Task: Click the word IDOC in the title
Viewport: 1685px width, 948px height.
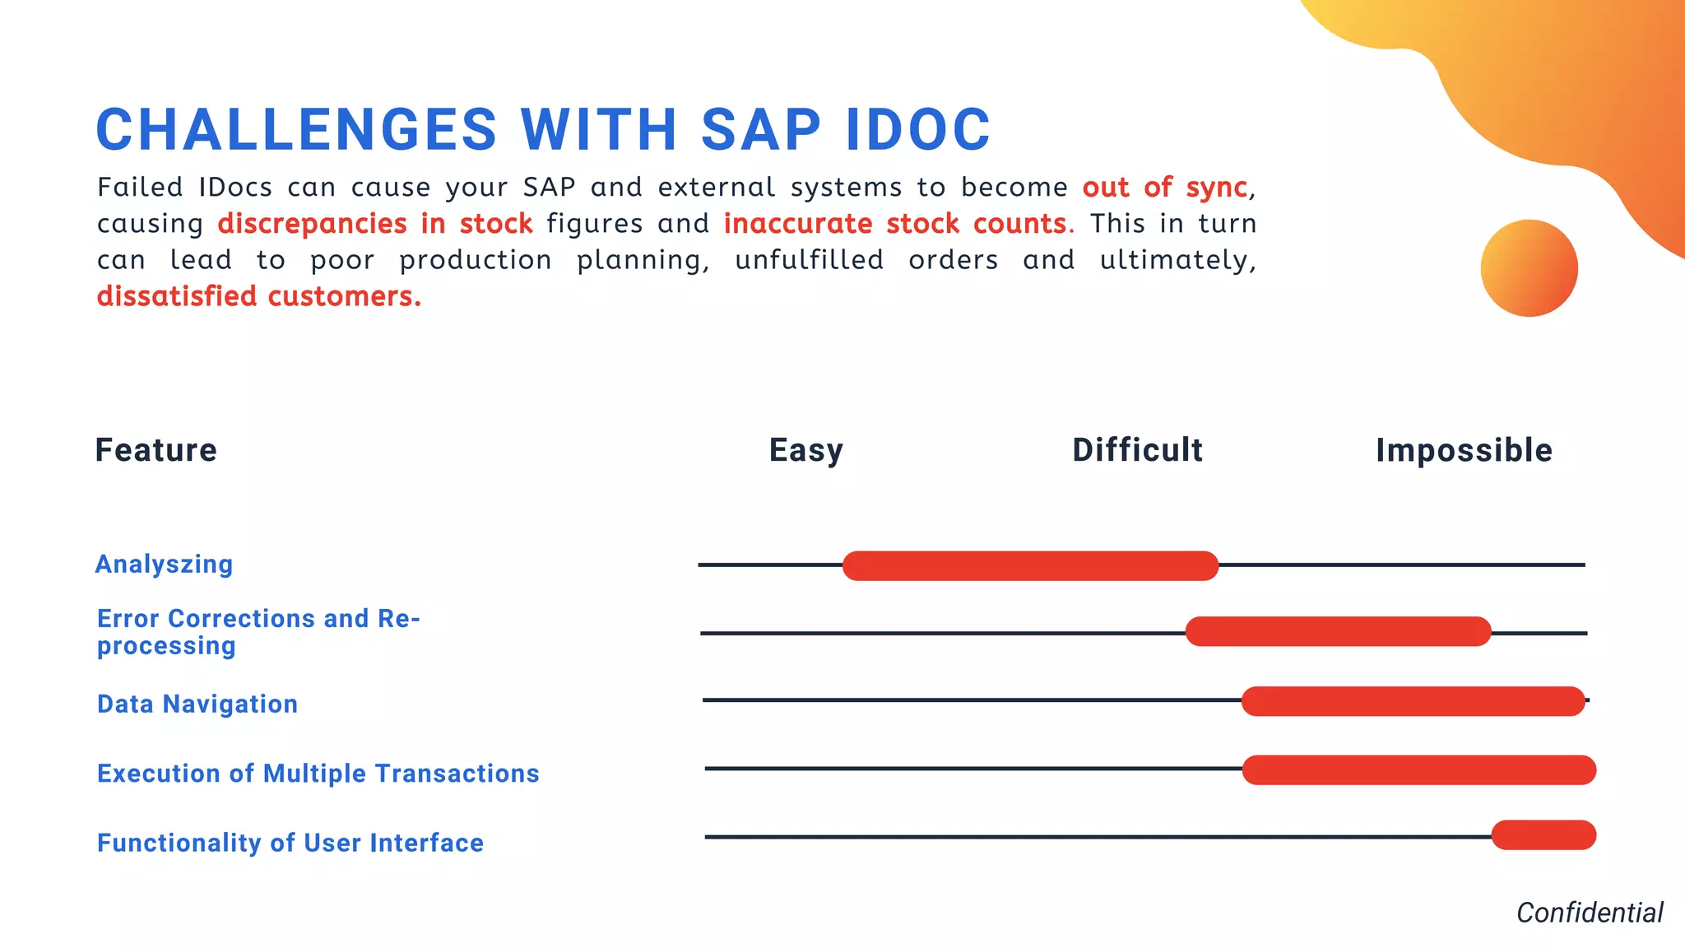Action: (x=917, y=130)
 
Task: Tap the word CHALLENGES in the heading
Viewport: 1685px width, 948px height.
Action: (x=297, y=130)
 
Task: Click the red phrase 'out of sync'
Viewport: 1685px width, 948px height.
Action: (x=1164, y=188)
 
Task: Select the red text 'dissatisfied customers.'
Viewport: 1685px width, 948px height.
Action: (x=258, y=296)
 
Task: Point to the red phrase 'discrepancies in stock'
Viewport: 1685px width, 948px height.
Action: (x=374, y=224)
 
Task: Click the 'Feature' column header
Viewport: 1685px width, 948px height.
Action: (x=156, y=450)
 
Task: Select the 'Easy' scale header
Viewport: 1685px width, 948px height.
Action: (x=805, y=450)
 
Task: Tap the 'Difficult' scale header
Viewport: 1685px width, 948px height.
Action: (x=1137, y=450)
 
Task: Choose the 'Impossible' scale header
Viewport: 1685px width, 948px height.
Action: (x=1464, y=450)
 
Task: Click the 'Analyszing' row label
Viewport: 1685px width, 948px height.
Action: (x=165, y=565)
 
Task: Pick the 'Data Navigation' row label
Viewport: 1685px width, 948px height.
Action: (x=197, y=704)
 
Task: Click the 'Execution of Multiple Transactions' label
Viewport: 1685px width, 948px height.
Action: (x=318, y=774)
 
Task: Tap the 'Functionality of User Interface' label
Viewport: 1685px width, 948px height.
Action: (x=290, y=843)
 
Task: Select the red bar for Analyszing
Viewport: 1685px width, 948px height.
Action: (x=1030, y=566)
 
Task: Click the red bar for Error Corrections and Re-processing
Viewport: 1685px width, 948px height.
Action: (x=1338, y=631)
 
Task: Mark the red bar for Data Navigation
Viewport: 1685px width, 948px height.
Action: (x=1413, y=701)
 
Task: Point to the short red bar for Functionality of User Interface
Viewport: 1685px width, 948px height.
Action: (x=1543, y=835)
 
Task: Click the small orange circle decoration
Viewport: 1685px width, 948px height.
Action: (x=1529, y=268)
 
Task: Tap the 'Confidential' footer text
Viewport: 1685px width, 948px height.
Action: (x=1589, y=913)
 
